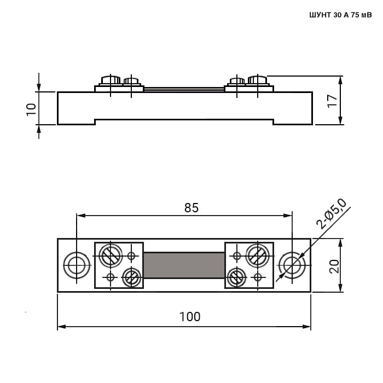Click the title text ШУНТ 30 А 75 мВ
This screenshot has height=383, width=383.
(340, 15)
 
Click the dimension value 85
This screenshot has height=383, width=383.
(191, 208)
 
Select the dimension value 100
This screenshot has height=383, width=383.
(190, 317)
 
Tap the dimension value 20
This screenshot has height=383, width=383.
(334, 266)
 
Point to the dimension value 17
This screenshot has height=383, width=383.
(332, 101)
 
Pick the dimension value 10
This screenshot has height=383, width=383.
(31, 109)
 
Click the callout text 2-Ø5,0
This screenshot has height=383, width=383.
(331, 214)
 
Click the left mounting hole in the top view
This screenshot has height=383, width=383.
(77, 265)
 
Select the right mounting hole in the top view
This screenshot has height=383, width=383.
(292, 265)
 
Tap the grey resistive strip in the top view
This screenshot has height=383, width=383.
(184, 265)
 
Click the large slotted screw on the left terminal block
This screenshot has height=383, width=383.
(111, 256)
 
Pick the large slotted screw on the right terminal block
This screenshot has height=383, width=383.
(258, 256)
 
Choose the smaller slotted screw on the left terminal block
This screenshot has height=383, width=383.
(131, 277)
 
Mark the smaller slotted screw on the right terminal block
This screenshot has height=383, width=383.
(237, 277)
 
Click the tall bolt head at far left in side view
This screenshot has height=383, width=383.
(111, 80)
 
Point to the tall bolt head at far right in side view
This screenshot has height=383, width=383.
(258, 80)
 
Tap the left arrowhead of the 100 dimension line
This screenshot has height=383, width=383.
(61, 327)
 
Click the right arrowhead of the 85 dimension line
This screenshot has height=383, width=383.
(288, 216)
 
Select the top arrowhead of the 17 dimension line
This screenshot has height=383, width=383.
(341, 80)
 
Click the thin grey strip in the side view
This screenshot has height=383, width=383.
(184, 89)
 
